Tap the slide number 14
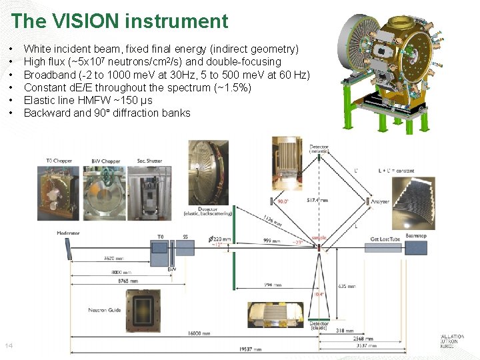9,345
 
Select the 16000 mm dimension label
198,332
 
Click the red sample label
319,238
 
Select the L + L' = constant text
395,171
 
